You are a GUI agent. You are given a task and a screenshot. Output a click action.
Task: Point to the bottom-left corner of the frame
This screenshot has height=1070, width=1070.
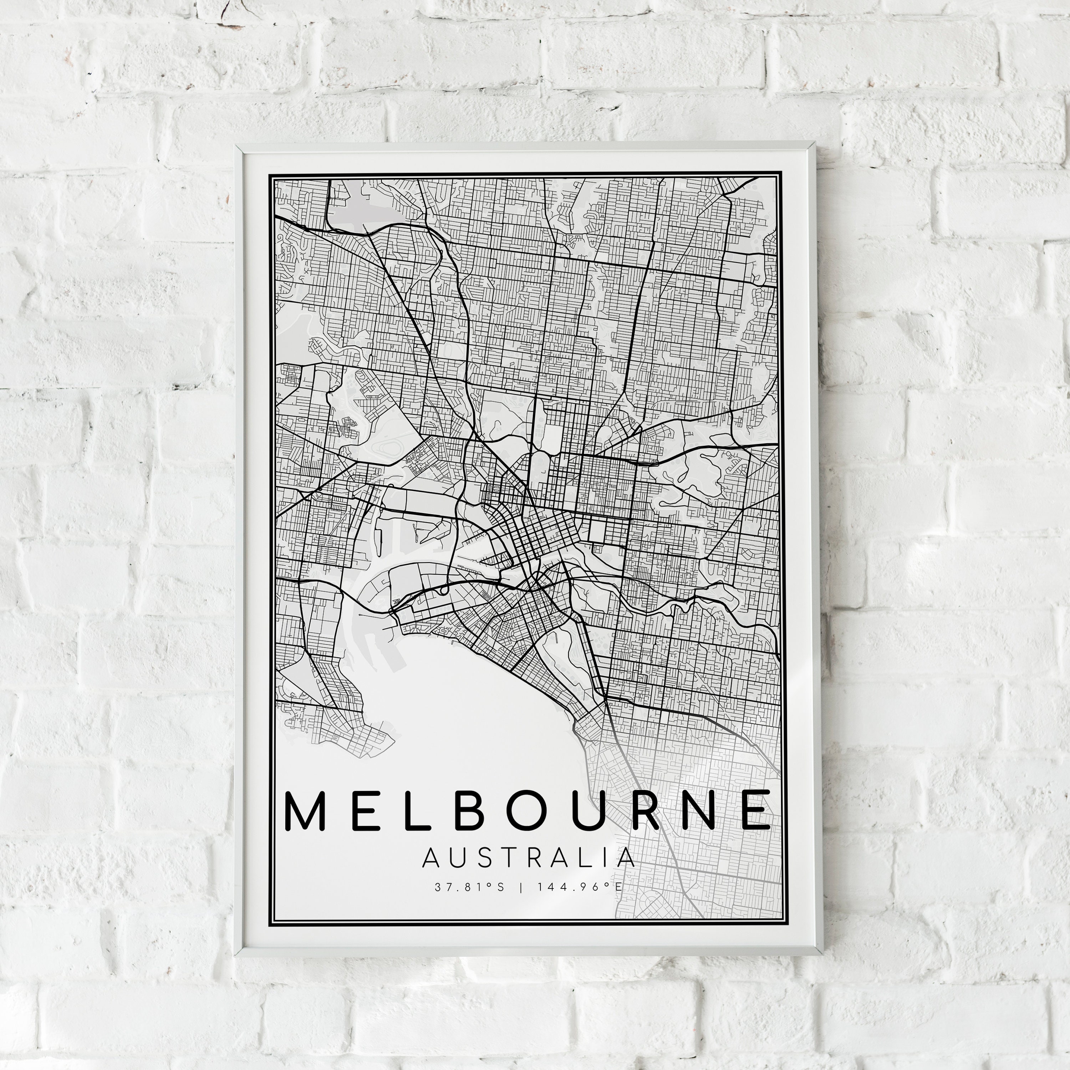[237, 955]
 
